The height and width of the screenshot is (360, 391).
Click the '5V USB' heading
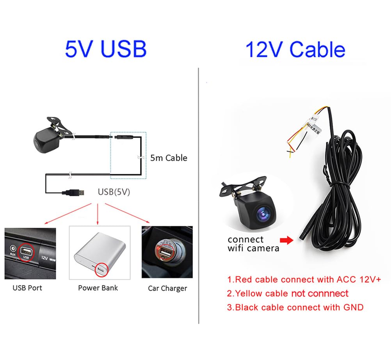(105, 49)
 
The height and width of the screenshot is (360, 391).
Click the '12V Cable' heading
(295, 50)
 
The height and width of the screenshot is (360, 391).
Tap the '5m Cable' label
(169, 158)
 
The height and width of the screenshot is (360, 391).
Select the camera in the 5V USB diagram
(46, 140)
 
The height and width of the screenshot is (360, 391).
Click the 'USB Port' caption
(27, 288)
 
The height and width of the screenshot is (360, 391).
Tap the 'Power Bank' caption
(98, 288)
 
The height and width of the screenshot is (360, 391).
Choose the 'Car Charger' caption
(167, 289)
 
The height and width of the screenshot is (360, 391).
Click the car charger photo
(167, 252)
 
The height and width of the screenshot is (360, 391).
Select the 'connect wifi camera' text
(253, 243)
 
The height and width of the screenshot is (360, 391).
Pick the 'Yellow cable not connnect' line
(288, 293)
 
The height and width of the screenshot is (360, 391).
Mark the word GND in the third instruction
(353, 307)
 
